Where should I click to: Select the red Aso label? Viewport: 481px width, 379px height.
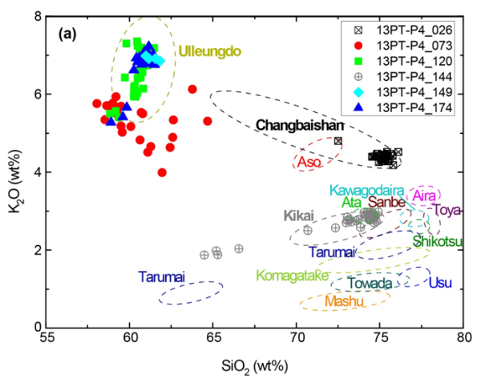(x=309, y=162)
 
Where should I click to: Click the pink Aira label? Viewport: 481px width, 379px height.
(x=424, y=196)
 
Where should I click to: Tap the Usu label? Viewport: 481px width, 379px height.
(x=440, y=283)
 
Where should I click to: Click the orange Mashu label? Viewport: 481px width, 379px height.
(x=345, y=301)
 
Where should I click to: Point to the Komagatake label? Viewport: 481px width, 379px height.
(x=293, y=276)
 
